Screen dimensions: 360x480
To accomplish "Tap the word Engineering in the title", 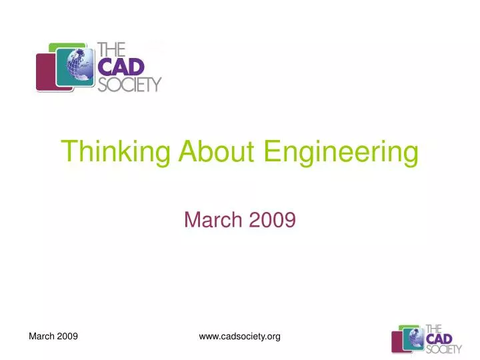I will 341,152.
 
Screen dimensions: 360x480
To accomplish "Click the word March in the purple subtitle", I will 212,219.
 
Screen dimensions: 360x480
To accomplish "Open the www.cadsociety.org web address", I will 239,337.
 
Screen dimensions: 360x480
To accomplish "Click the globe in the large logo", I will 75,67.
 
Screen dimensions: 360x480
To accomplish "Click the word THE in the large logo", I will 111,49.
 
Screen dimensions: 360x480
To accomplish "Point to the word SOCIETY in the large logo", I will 129,84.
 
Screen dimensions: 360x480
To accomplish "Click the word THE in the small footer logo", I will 433,329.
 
